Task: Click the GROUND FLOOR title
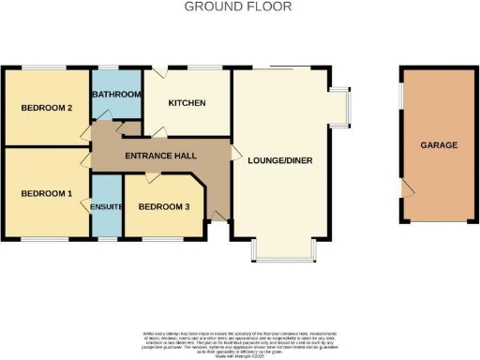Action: pos(238,7)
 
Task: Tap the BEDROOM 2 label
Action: pos(47,108)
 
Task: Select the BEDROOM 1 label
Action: pos(47,193)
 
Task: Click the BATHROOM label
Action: pos(116,95)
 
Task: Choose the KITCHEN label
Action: pos(187,103)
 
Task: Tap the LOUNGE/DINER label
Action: pos(280,160)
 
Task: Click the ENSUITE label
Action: pos(107,207)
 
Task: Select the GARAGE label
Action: pos(438,145)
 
